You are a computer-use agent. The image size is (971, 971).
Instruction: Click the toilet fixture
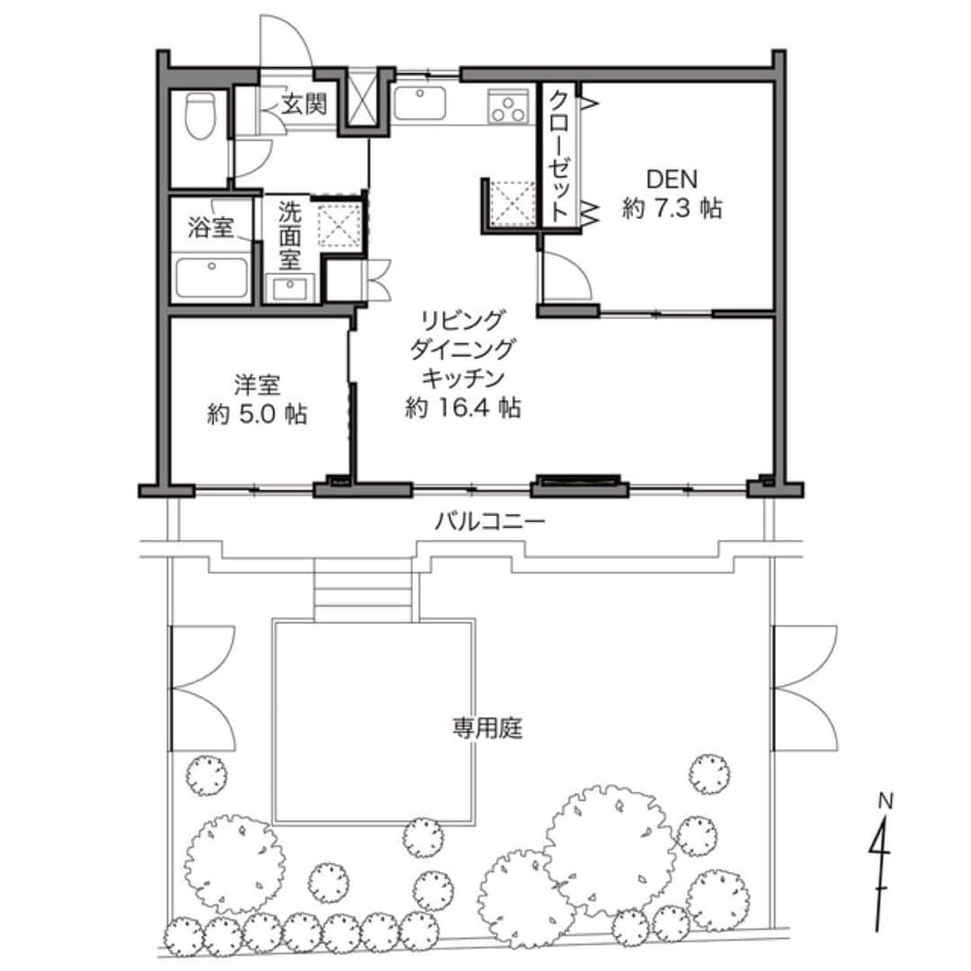200,116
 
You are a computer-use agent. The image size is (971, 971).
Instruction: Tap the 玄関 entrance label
304,104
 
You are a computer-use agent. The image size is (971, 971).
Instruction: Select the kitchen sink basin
420,102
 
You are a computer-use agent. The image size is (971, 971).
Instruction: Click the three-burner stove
509,106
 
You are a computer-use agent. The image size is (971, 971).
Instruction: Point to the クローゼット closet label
558,156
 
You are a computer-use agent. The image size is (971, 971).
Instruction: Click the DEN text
672,180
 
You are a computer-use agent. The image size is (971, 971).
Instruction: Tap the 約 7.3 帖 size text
672,209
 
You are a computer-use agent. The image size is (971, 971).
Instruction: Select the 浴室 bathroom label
210,227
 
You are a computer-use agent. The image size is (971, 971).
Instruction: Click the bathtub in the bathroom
211,278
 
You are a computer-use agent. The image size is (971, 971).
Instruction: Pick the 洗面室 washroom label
290,236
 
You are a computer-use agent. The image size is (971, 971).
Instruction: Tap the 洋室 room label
257,385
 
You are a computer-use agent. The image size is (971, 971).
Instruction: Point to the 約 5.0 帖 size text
257,414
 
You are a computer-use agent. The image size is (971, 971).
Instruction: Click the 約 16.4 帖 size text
463,407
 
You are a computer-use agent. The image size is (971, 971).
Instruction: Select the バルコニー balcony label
489,522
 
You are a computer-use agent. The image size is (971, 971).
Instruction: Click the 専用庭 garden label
487,728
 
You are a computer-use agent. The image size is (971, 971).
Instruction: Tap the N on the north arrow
886,801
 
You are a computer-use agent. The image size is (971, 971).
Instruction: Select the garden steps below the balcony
363,589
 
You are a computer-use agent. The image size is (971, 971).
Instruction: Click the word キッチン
463,378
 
